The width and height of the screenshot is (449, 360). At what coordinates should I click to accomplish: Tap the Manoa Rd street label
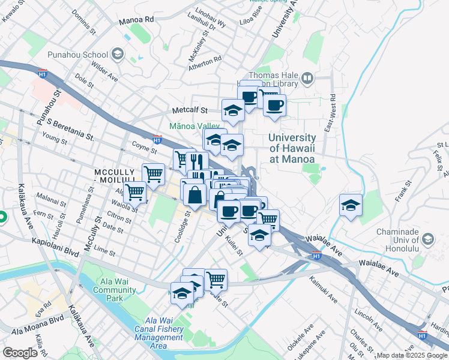(x=136, y=20)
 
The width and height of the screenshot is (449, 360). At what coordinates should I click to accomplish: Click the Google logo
(x=20, y=353)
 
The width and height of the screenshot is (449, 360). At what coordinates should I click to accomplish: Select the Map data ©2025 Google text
(x=412, y=355)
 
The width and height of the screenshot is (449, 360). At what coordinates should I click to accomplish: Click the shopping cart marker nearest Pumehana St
(x=135, y=192)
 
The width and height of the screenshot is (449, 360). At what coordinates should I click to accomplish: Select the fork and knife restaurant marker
(x=196, y=161)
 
